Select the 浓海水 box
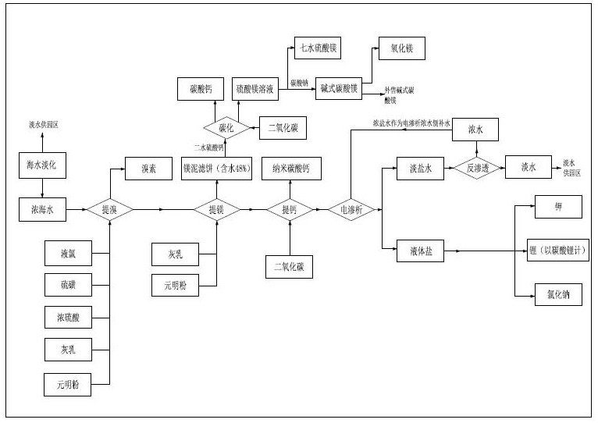42,208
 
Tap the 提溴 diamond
109,209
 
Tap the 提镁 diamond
216,209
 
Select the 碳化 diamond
225,126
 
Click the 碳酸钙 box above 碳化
201,89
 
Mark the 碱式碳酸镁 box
339,89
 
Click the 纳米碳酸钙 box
290,169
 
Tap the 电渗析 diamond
351,209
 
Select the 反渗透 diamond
476,168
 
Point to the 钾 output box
557,207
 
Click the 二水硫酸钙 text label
208,147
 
